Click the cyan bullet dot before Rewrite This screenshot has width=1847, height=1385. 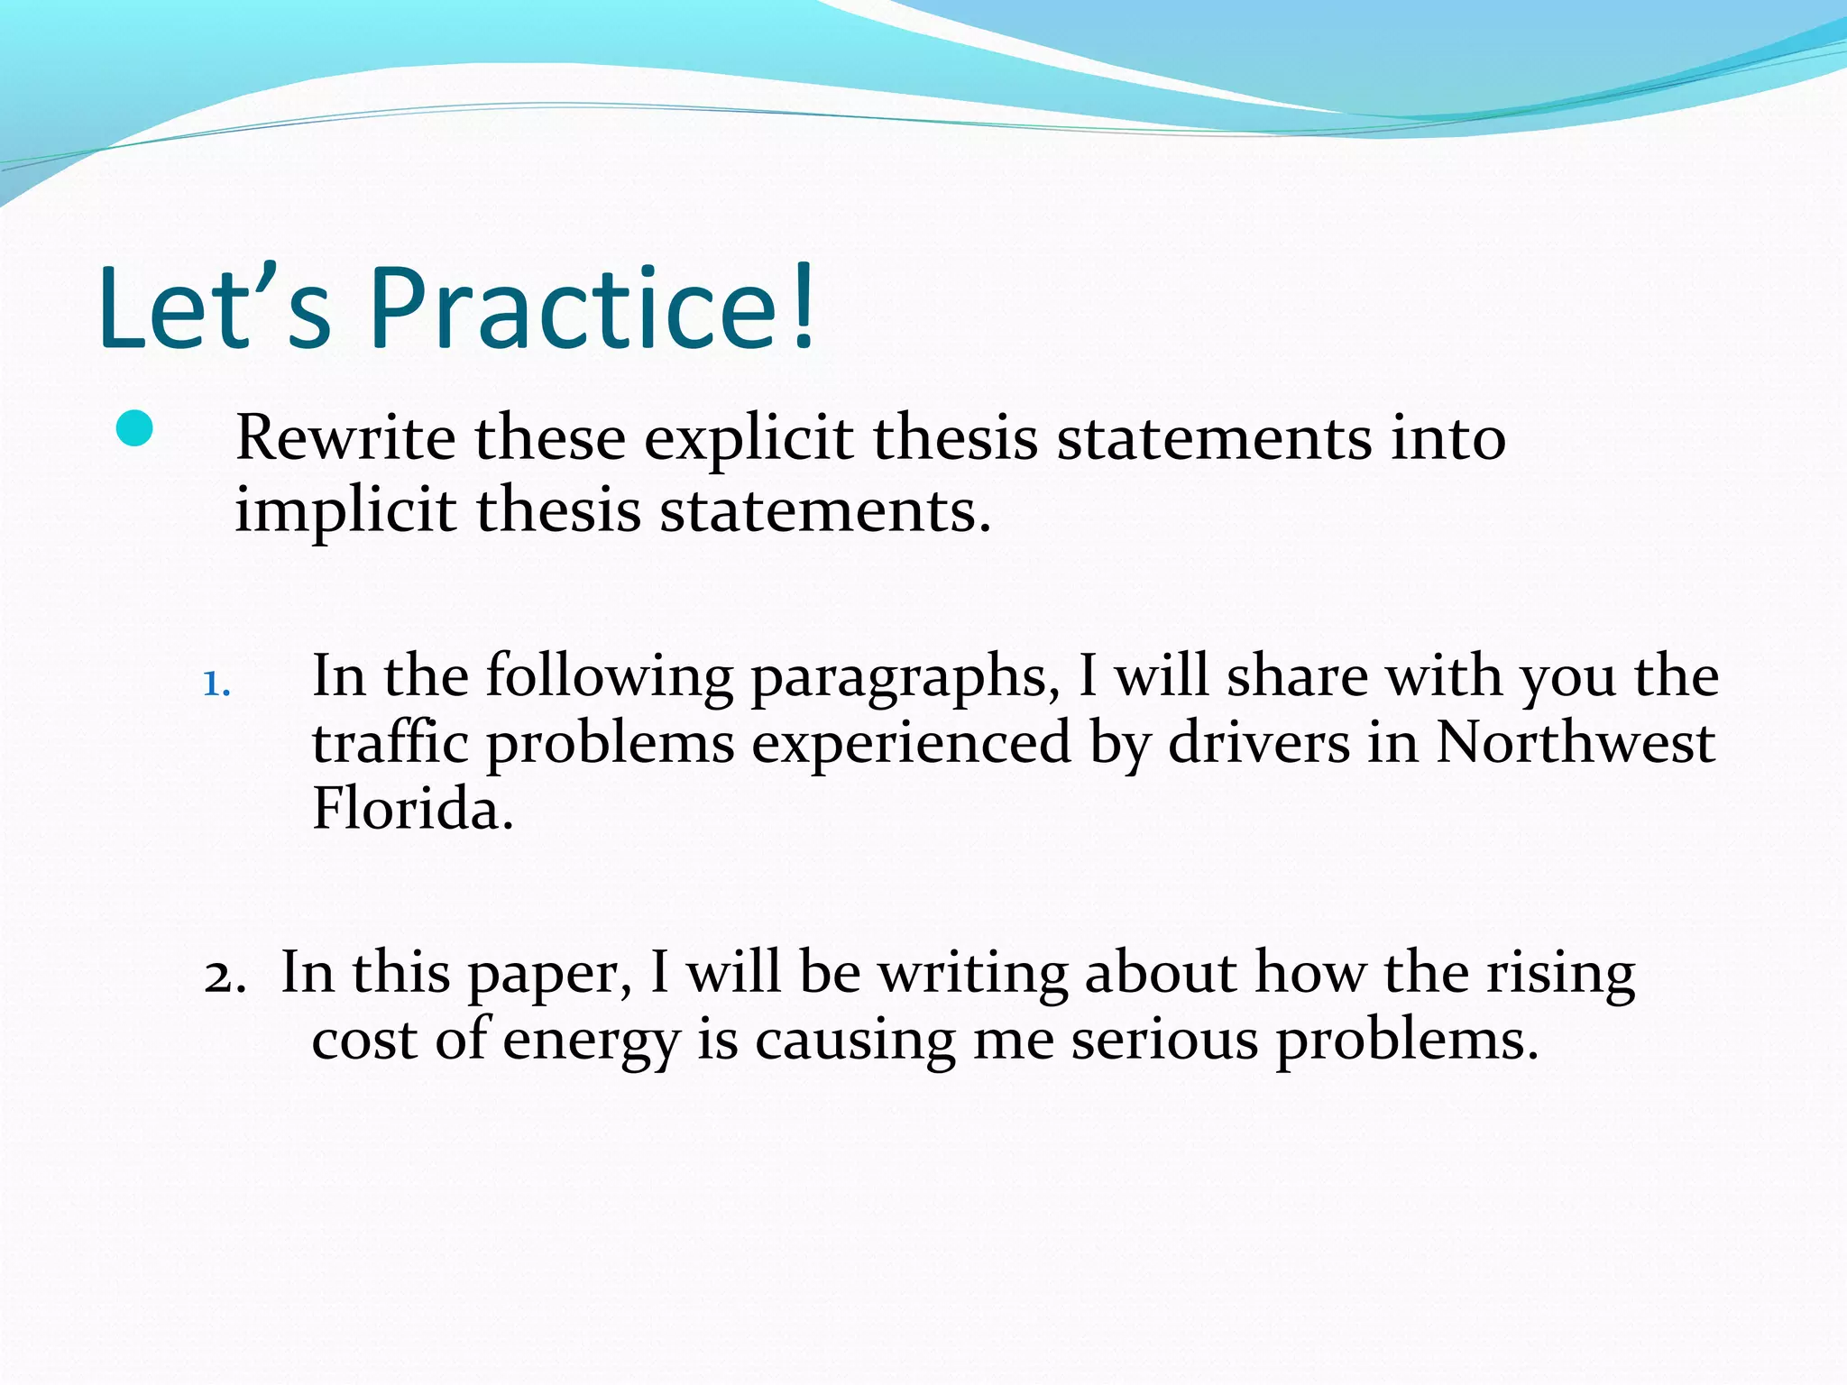pyautogui.click(x=135, y=429)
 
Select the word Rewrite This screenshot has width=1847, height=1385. pyautogui.click(x=345, y=438)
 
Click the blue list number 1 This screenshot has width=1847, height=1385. pyautogui.click(x=216, y=684)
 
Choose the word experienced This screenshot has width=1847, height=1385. pyautogui.click(x=912, y=747)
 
